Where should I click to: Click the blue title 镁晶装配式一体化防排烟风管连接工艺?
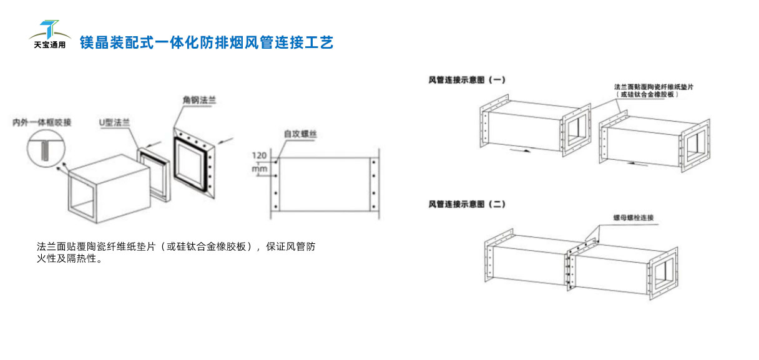(x=206, y=42)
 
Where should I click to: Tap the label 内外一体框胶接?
(x=42, y=122)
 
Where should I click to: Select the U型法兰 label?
(x=115, y=122)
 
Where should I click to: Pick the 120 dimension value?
(x=259, y=155)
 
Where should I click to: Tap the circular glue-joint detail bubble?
(x=46, y=150)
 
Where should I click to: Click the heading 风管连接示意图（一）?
(x=467, y=80)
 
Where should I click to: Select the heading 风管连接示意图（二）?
(x=467, y=204)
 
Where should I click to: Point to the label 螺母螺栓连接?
(x=633, y=218)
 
